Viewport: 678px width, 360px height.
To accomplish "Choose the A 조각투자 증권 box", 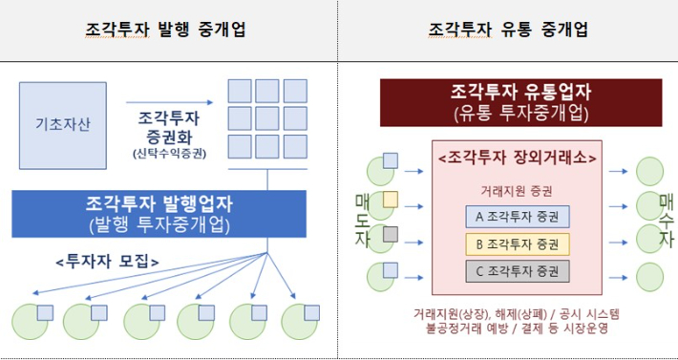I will pos(517,217).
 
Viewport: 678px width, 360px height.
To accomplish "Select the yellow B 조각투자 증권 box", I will pos(517,244).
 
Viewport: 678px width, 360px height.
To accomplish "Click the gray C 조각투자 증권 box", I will pos(517,270).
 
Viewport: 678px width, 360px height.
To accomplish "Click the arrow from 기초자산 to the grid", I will pos(180,101).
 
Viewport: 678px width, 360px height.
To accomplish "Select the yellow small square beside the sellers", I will pos(391,198).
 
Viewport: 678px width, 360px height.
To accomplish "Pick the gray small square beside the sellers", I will pos(391,234).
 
